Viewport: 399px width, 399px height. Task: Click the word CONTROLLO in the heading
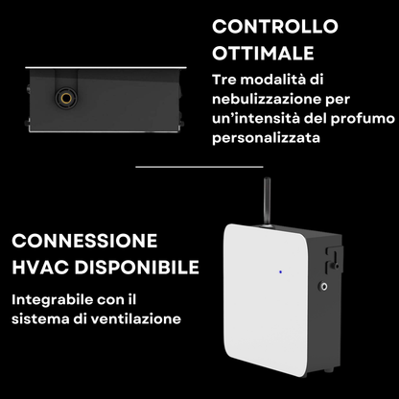click(275, 27)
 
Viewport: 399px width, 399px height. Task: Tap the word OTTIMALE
click(263, 53)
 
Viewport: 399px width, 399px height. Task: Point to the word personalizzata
click(266, 138)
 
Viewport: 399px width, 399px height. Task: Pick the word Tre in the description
click(224, 80)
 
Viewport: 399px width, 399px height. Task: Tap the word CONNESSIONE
click(84, 241)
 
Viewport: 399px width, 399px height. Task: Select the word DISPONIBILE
click(137, 267)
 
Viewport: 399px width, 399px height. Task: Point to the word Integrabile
click(52, 300)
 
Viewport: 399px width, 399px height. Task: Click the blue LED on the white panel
click(280, 272)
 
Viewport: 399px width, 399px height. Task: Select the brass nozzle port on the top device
click(66, 99)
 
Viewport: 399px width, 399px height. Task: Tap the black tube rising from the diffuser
click(267, 202)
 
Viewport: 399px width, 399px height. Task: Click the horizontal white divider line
click(199, 167)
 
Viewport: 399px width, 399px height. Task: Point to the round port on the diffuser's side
click(323, 286)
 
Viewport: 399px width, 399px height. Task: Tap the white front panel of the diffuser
click(266, 299)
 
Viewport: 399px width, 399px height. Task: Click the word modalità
click(271, 80)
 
